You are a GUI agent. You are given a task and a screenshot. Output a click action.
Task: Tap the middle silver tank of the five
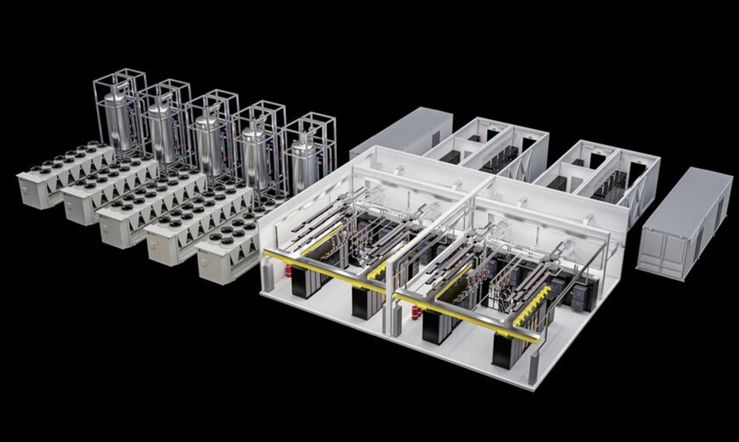pyautogui.click(x=207, y=136)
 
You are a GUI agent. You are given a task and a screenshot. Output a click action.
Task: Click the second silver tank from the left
pyautogui.click(x=161, y=127)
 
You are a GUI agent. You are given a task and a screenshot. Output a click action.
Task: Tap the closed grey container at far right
pyautogui.click(x=686, y=221)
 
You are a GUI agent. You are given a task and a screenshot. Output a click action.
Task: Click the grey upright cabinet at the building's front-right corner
pyautogui.click(x=534, y=367)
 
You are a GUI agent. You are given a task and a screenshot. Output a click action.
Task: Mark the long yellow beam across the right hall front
pyautogui.click(x=467, y=316)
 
